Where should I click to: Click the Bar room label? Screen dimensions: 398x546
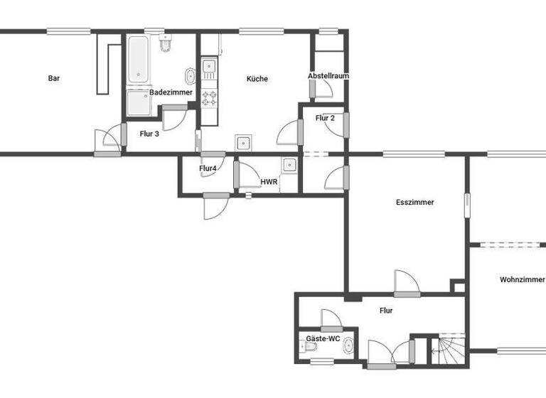point(54,79)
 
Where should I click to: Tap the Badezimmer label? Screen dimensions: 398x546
point(171,92)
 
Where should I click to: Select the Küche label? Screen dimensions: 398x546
point(257,79)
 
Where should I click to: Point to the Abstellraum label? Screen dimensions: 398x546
point(328,76)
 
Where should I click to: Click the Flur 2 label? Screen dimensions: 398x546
point(326,118)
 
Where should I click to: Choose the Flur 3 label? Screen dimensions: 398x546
point(149,133)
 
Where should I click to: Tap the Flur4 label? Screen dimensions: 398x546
point(208,168)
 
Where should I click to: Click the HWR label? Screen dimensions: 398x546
point(269,182)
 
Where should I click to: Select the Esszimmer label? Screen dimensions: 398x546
point(415,203)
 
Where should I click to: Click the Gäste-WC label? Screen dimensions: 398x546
point(323,339)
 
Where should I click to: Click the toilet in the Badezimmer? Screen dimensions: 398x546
point(166,44)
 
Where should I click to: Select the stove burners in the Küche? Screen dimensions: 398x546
point(209,98)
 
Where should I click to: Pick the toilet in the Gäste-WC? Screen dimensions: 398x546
point(309,348)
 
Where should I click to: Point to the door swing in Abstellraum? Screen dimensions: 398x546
point(324,88)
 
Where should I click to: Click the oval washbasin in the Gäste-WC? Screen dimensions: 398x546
point(347,347)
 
